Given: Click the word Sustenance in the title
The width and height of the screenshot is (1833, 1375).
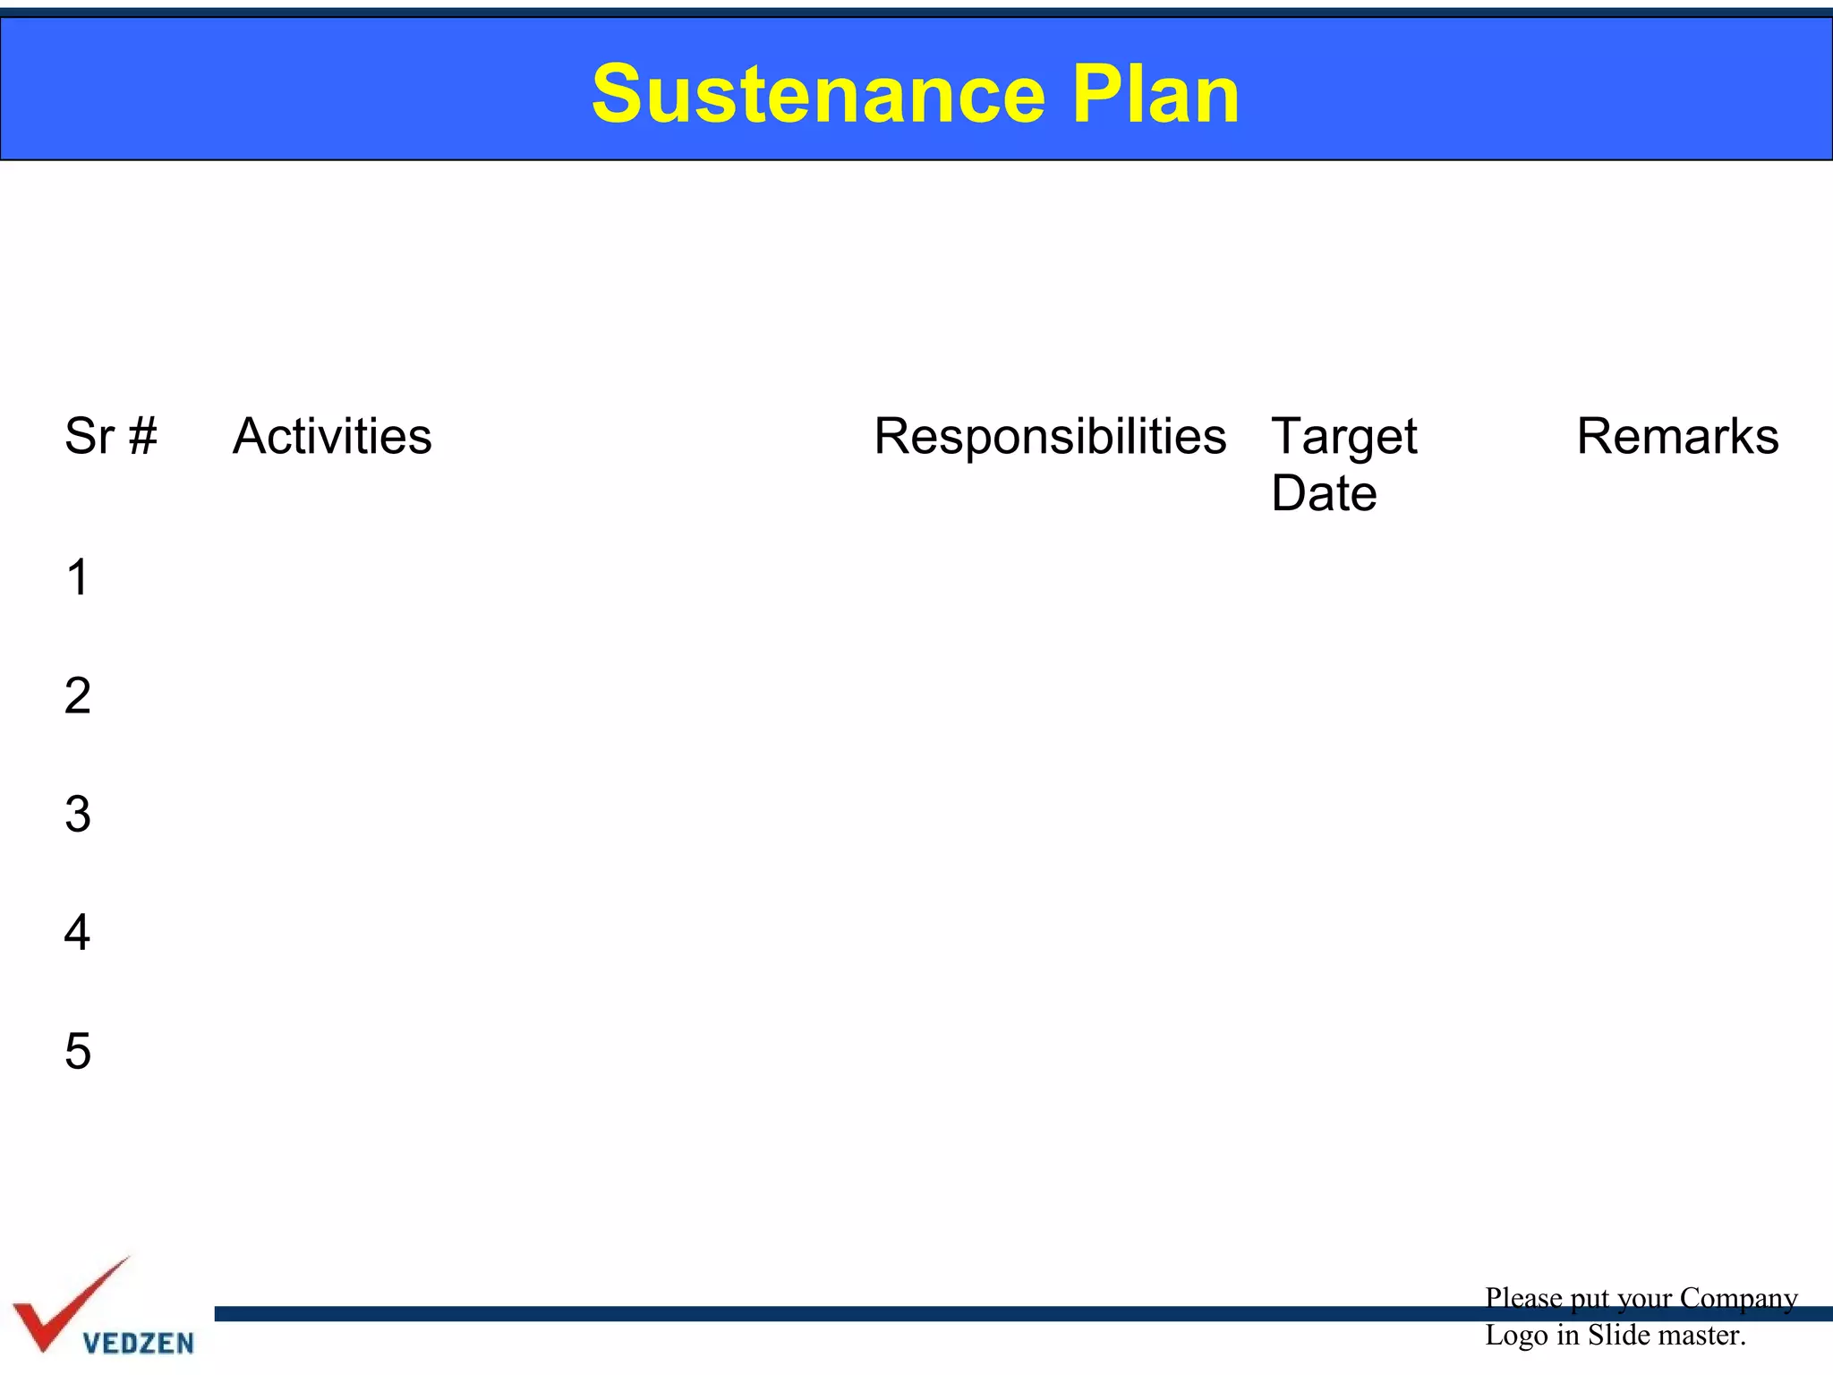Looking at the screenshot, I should click(x=818, y=95).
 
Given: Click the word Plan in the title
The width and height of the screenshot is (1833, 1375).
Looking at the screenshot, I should click(x=1155, y=95).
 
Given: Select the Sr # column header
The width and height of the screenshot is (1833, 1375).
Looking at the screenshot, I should click(x=110, y=437).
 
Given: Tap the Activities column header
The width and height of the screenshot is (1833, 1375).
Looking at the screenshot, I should click(x=332, y=437).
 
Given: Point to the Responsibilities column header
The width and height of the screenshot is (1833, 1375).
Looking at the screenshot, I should click(x=1049, y=437).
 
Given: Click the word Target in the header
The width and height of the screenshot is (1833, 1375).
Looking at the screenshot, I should click(x=1343, y=437).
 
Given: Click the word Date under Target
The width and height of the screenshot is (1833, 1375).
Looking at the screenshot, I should click(x=1324, y=493).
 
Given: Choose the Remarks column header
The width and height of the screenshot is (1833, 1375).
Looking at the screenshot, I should click(x=1677, y=437).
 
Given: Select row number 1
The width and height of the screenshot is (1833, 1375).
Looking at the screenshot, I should click(x=78, y=577).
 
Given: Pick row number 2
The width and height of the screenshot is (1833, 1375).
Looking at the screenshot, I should click(x=78, y=696).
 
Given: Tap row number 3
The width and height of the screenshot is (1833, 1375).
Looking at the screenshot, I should click(x=78, y=815).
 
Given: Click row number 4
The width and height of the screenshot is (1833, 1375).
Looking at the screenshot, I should click(x=78, y=933).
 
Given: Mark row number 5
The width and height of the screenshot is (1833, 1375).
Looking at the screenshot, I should click(x=78, y=1051).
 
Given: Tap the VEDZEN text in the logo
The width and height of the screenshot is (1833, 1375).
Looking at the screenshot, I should click(x=138, y=1343).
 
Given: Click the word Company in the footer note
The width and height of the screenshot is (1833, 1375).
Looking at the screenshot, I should click(x=1738, y=1298).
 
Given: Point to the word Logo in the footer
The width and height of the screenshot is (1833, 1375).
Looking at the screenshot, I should click(x=1516, y=1336).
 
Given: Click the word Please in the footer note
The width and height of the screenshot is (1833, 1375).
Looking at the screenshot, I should click(x=1523, y=1298).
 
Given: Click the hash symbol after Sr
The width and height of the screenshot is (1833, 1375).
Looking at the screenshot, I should click(x=143, y=437).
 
